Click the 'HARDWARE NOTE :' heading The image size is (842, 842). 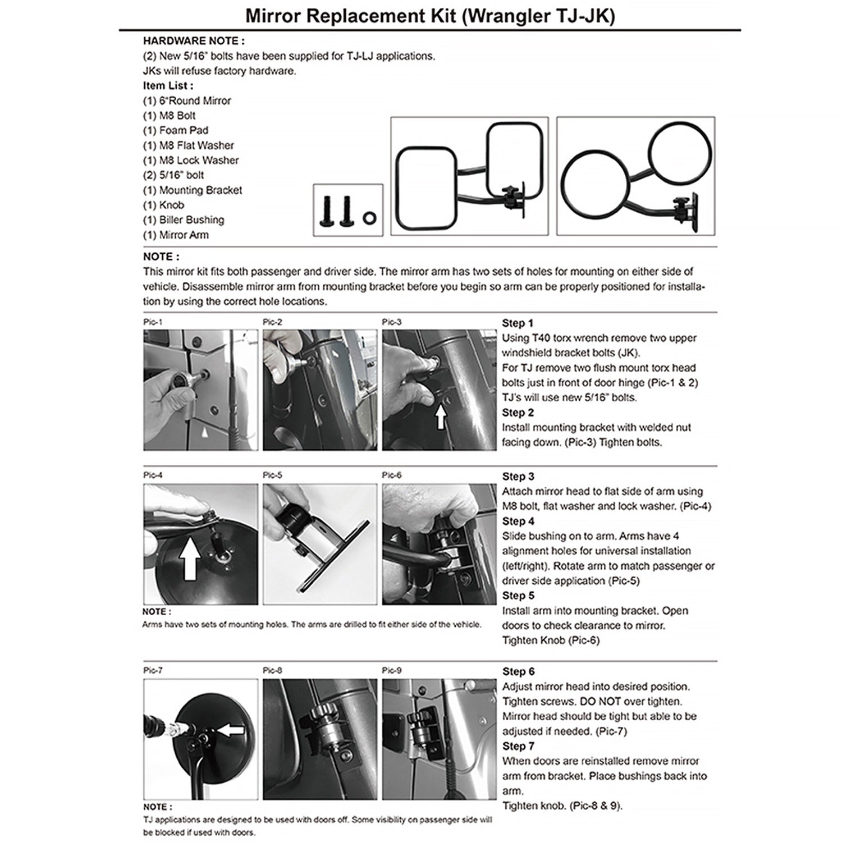(194, 41)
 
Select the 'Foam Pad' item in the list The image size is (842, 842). (176, 130)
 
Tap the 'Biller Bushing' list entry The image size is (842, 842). (184, 220)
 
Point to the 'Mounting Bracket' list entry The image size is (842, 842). (193, 190)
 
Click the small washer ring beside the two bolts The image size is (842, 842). (370, 217)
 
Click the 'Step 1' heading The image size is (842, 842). (518, 323)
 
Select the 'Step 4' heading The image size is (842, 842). (518, 521)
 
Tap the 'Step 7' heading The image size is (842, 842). (518, 747)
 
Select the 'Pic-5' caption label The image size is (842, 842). (272, 475)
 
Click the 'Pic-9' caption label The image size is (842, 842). (391, 671)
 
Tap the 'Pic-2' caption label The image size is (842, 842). (272, 322)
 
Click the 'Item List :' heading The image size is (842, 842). (168, 86)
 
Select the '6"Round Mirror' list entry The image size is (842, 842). (187, 101)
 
